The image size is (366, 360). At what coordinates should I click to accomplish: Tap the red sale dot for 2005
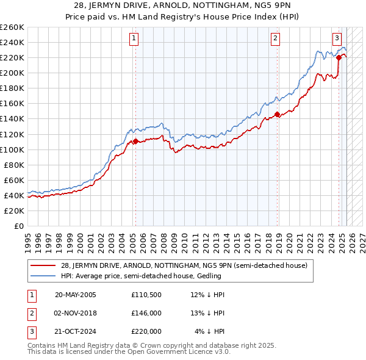tap(135, 141)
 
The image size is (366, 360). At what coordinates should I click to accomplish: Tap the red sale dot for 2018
tap(277, 114)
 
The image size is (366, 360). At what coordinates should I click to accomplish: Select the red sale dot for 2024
tap(339, 57)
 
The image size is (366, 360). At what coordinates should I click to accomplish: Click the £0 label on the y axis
tap(19, 226)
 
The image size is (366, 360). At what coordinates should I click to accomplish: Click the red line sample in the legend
tap(43, 265)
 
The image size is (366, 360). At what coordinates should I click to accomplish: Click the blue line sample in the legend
tap(43, 276)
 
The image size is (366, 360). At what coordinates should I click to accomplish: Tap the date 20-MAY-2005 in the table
tap(76, 295)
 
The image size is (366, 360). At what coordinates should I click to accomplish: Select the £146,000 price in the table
tap(146, 313)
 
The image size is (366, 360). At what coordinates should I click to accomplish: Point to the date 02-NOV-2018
tap(76, 313)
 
